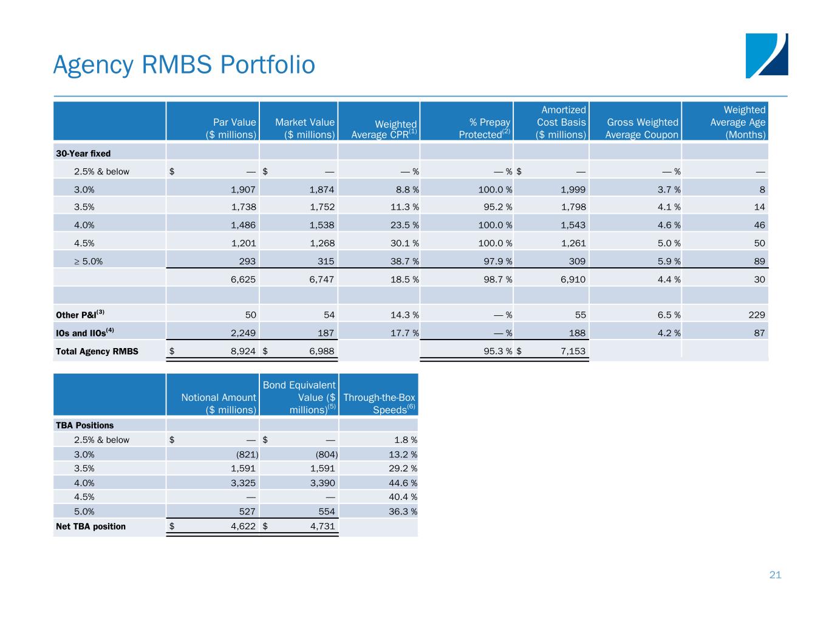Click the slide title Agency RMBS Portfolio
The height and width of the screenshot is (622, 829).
coord(184,65)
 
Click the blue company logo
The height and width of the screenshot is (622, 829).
coord(766,55)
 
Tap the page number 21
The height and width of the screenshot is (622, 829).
coord(775,575)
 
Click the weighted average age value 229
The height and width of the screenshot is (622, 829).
coord(756,315)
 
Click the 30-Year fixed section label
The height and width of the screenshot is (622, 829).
coord(83,153)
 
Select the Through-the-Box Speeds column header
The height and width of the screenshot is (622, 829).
coord(379,403)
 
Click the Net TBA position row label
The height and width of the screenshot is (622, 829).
coord(90,526)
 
